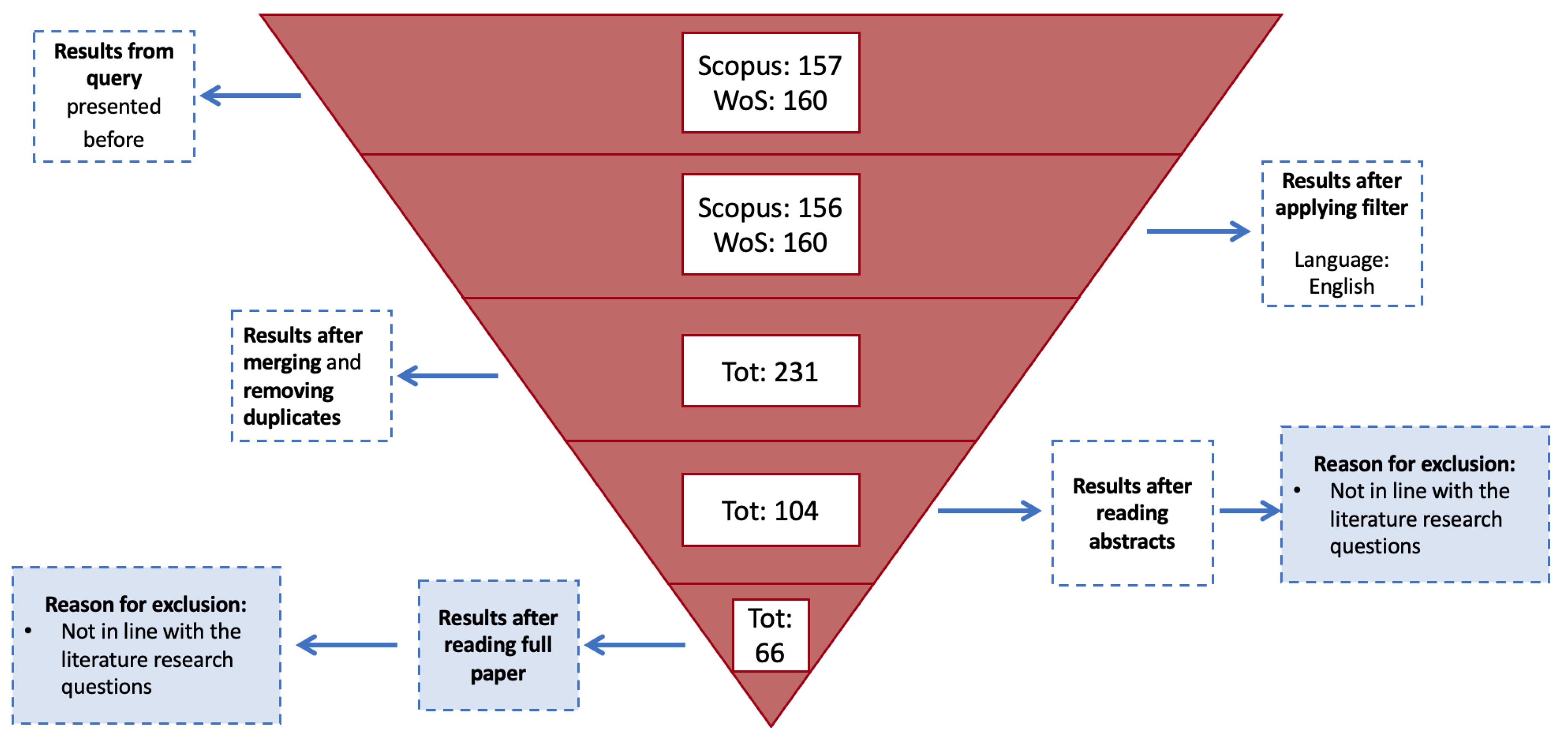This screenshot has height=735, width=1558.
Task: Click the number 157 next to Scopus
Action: [x=820, y=66]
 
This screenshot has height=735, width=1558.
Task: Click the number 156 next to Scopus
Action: [x=820, y=208]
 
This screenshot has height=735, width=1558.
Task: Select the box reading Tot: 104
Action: [x=770, y=510]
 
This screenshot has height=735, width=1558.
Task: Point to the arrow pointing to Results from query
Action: [x=251, y=96]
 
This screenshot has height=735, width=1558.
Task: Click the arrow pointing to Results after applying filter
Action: [x=1198, y=231]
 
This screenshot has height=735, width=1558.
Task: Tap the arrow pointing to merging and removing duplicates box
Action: [x=448, y=376]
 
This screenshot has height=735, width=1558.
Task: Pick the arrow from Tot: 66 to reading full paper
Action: [x=635, y=645]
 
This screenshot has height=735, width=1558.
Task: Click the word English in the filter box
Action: [x=1341, y=286]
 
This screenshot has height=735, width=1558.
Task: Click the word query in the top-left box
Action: [x=114, y=79]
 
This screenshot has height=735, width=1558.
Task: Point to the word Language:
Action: [x=1341, y=260]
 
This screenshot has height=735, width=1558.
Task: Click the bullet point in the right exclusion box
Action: [x=1297, y=490]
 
